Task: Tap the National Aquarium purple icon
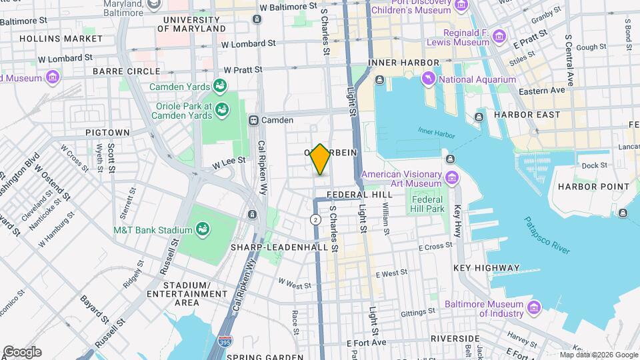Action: pyautogui.click(x=428, y=80)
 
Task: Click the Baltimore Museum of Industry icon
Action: pyautogui.click(x=534, y=307)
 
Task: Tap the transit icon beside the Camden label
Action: pyautogui.click(x=254, y=120)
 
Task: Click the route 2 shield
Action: pyautogui.click(x=315, y=219)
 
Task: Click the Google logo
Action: pyautogui.click(x=22, y=351)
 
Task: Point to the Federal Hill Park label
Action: pyautogui.click(x=427, y=204)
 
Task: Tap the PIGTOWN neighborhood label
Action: pyautogui.click(x=108, y=133)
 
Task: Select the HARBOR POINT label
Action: pyautogui.click(x=593, y=186)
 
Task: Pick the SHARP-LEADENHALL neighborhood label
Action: pyautogui.click(x=279, y=247)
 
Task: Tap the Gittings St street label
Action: pyautogui.click(x=418, y=312)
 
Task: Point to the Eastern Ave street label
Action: pyautogui.click(x=542, y=90)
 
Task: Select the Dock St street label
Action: pyautogui.click(x=590, y=165)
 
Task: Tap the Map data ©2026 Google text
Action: pyautogui.click(x=598, y=355)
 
